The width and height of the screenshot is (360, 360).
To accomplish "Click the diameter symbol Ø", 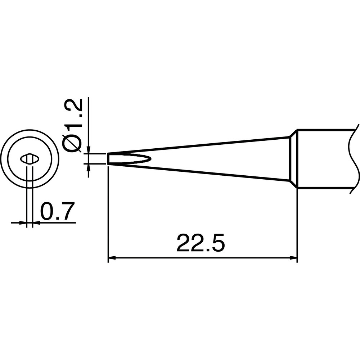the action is [72, 144].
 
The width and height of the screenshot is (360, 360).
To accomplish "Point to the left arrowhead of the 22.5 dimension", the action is [111, 258].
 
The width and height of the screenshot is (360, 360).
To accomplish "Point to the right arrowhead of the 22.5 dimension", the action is [294, 258].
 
